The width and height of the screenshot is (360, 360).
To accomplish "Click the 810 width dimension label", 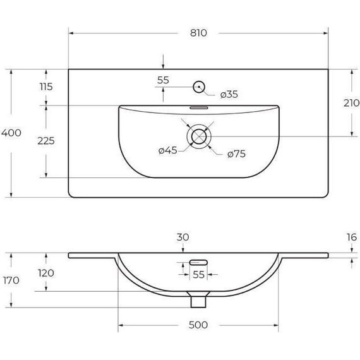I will tap(198, 33).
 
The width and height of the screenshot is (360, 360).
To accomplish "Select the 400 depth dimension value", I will tap(11, 133).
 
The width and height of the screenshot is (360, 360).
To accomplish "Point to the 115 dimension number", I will tap(45, 87).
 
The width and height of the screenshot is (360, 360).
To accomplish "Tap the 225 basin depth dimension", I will tap(45, 140).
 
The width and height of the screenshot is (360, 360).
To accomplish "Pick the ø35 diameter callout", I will tap(229, 95).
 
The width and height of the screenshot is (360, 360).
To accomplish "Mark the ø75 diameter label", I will tap(235, 153).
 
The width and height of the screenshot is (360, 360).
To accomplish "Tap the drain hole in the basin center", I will tap(199, 135).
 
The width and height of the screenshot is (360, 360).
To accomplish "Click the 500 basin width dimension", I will tap(198, 325).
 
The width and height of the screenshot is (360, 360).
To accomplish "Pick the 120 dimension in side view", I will tap(45, 273).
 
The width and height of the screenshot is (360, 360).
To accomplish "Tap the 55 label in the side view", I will tap(198, 275).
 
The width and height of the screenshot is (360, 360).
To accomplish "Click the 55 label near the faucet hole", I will tap(163, 80).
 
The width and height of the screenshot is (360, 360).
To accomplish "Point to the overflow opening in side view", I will tap(198, 260).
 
